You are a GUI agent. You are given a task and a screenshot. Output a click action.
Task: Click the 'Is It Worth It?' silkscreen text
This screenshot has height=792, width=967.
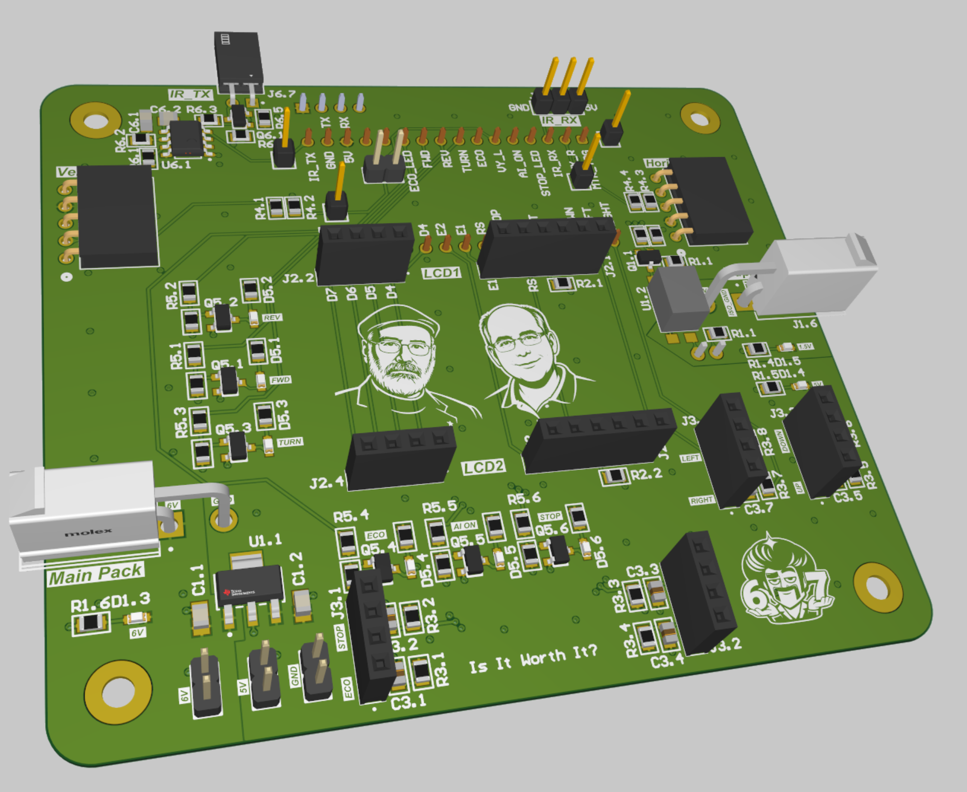[533, 660]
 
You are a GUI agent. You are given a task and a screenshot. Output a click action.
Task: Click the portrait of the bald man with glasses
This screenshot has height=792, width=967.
[527, 355]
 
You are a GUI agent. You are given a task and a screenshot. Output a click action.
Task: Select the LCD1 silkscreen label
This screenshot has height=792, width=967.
[441, 273]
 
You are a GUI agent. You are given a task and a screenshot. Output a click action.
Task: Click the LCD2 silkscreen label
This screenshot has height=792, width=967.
[483, 467]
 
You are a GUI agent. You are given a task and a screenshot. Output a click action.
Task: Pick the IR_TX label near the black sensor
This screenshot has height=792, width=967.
[191, 94]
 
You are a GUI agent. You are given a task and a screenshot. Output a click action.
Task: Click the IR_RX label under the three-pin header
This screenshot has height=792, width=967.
[560, 120]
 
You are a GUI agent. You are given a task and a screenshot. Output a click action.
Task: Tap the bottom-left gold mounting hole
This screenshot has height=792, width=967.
[118, 692]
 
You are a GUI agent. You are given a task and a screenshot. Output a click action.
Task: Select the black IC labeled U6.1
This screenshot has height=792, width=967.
[186, 138]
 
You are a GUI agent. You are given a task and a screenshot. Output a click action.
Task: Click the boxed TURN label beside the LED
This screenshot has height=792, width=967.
[290, 442]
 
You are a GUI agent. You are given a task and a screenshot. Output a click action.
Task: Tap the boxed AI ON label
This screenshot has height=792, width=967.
[464, 526]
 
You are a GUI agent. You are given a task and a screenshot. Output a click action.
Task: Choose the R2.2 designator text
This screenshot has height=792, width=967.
[646, 475]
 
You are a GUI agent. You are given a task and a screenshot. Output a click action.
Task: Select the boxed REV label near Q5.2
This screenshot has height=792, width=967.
[272, 317]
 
